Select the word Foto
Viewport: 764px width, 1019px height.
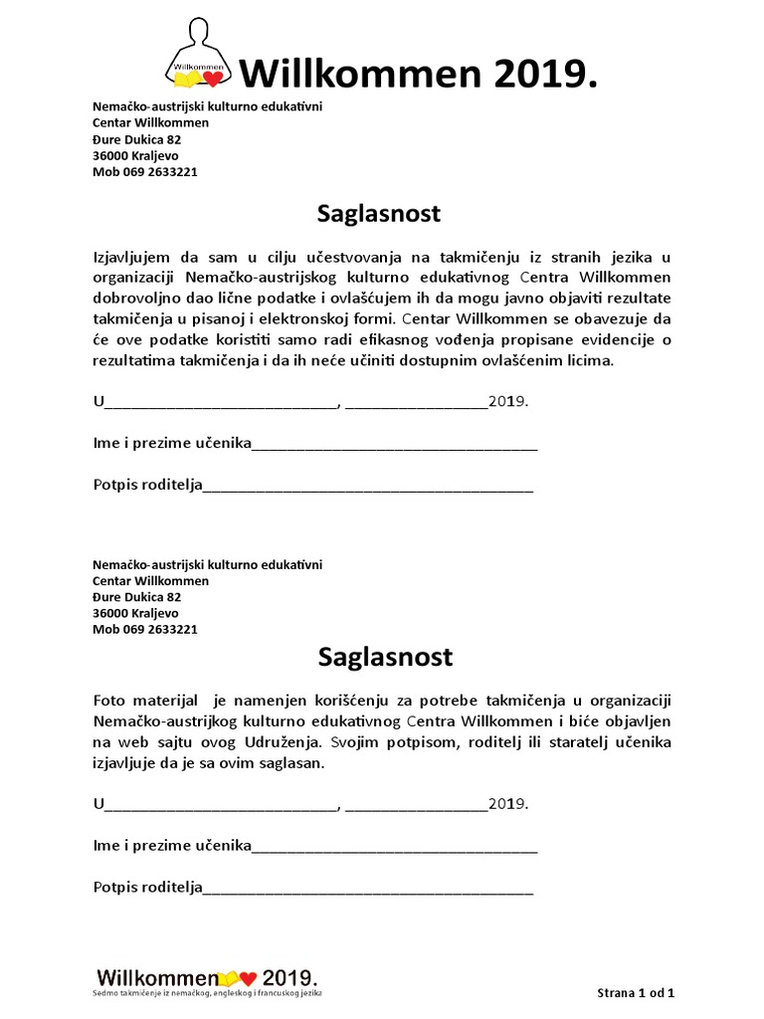109,701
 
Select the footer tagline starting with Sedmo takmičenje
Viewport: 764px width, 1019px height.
209,993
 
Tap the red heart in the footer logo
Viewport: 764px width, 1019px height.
249,976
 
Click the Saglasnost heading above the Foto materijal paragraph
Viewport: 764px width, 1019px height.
385,657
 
